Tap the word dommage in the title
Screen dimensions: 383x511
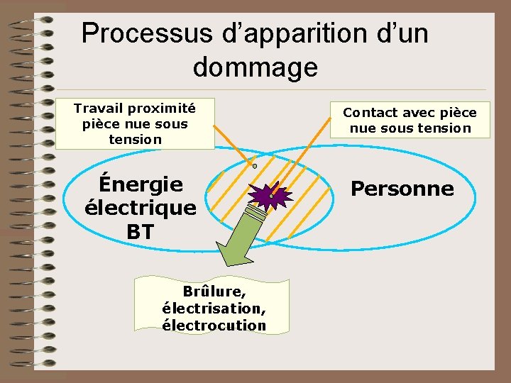coord(255,68)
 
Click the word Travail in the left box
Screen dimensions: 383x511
coord(99,109)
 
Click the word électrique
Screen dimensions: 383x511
coord(141,208)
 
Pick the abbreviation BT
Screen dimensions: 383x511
coord(141,231)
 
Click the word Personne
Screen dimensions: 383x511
coord(402,189)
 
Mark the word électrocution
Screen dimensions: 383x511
coord(214,326)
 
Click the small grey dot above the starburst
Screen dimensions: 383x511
coord(254,166)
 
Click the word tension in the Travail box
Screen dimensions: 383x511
coord(135,139)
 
